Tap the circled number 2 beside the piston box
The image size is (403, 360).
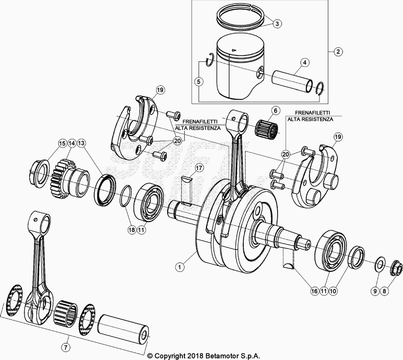(x=338, y=51)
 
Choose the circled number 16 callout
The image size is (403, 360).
(x=313, y=291)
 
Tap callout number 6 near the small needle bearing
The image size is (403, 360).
(x=276, y=110)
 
